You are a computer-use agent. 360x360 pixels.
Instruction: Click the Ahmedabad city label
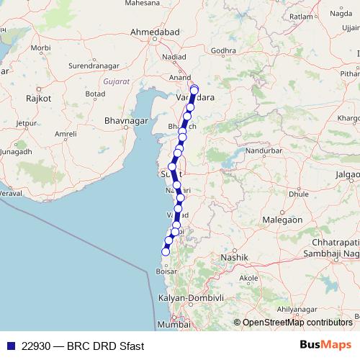click(154, 32)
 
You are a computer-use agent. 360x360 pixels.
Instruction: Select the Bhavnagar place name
click(125, 120)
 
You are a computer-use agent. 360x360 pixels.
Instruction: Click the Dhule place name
click(278, 194)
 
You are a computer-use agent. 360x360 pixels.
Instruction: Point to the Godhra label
click(224, 50)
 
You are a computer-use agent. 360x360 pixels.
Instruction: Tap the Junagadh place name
click(14, 152)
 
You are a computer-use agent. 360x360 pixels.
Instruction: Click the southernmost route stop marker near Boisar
click(165, 251)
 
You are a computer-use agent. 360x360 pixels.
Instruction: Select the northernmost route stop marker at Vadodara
click(194, 89)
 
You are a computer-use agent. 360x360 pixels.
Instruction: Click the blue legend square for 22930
click(9, 346)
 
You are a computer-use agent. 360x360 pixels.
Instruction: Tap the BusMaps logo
click(325, 346)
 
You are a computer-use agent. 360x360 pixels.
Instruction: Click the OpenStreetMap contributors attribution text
click(297, 323)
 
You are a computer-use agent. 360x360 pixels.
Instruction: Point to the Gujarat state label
click(116, 81)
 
